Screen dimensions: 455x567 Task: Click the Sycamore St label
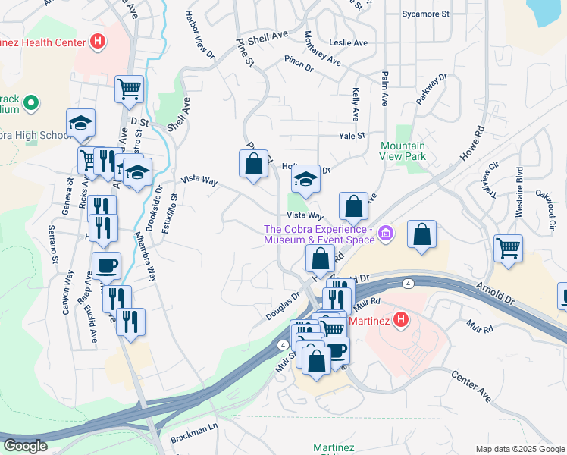click(x=425, y=14)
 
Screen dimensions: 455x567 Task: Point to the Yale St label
click(x=352, y=136)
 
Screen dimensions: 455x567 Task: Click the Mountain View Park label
click(x=403, y=150)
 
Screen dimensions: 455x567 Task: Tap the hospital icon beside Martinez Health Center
click(x=97, y=42)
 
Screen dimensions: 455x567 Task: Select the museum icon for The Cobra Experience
click(x=386, y=234)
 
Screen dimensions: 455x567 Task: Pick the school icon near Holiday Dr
click(x=305, y=179)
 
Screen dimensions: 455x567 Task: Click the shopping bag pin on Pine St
click(x=253, y=163)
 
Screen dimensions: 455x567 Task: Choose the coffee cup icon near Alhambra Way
click(x=106, y=265)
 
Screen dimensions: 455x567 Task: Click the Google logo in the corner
click(x=25, y=446)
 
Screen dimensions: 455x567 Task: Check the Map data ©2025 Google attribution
click(x=519, y=449)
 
